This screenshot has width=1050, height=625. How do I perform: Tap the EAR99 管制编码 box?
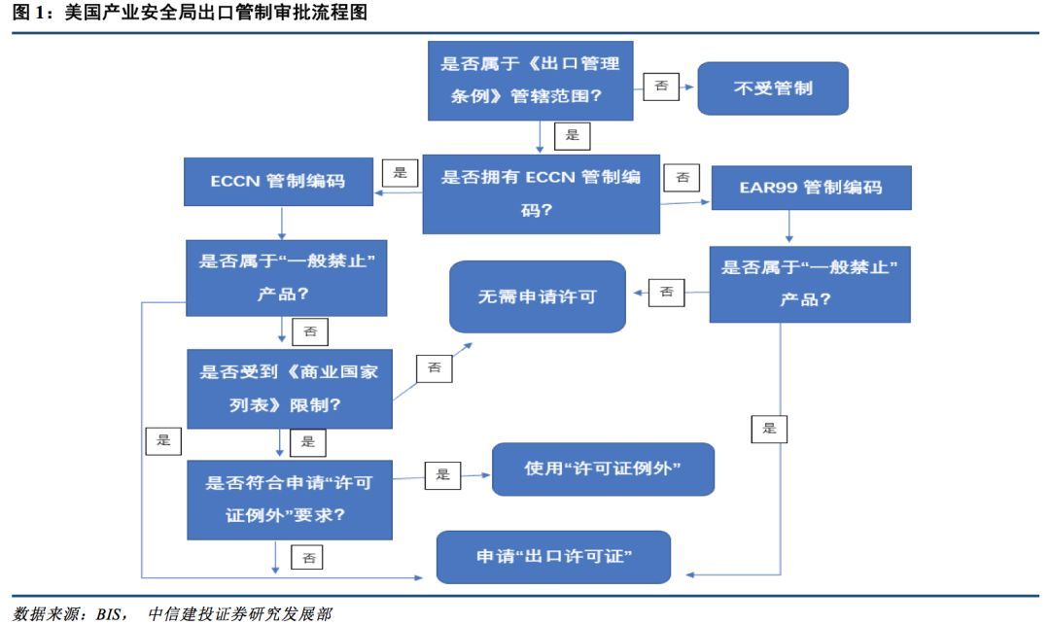(810, 188)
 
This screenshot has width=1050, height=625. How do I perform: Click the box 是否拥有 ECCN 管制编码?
(541, 192)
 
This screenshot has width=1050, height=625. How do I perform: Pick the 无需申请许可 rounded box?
(537, 296)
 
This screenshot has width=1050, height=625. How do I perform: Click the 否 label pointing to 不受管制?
(660, 86)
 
